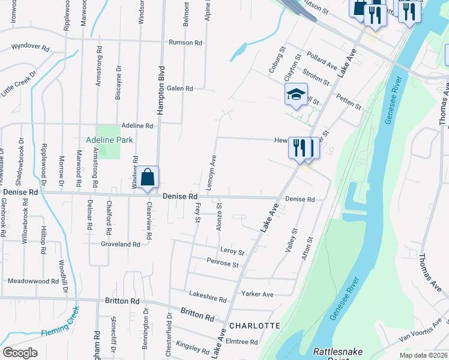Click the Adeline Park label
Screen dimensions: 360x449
coord(109,139)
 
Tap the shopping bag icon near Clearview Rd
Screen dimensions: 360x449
coord(147,178)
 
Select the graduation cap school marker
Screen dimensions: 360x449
coord(296,95)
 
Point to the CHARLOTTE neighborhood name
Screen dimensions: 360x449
coord(255,326)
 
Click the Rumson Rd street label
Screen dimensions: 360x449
coord(185,43)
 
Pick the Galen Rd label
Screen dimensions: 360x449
coord(179,88)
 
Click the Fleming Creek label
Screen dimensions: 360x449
coord(60,328)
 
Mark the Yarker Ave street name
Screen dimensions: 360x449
coord(257,294)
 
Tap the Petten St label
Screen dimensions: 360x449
coord(348,102)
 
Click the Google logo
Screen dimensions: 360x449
coord(20,352)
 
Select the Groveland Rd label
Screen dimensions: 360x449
coord(120,244)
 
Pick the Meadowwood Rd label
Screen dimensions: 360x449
coord(33,280)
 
